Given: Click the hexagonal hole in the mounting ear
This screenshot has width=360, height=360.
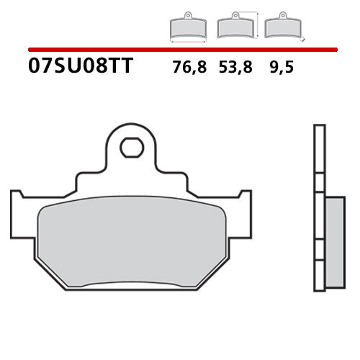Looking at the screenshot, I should pyautogui.click(x=131, y=148).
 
